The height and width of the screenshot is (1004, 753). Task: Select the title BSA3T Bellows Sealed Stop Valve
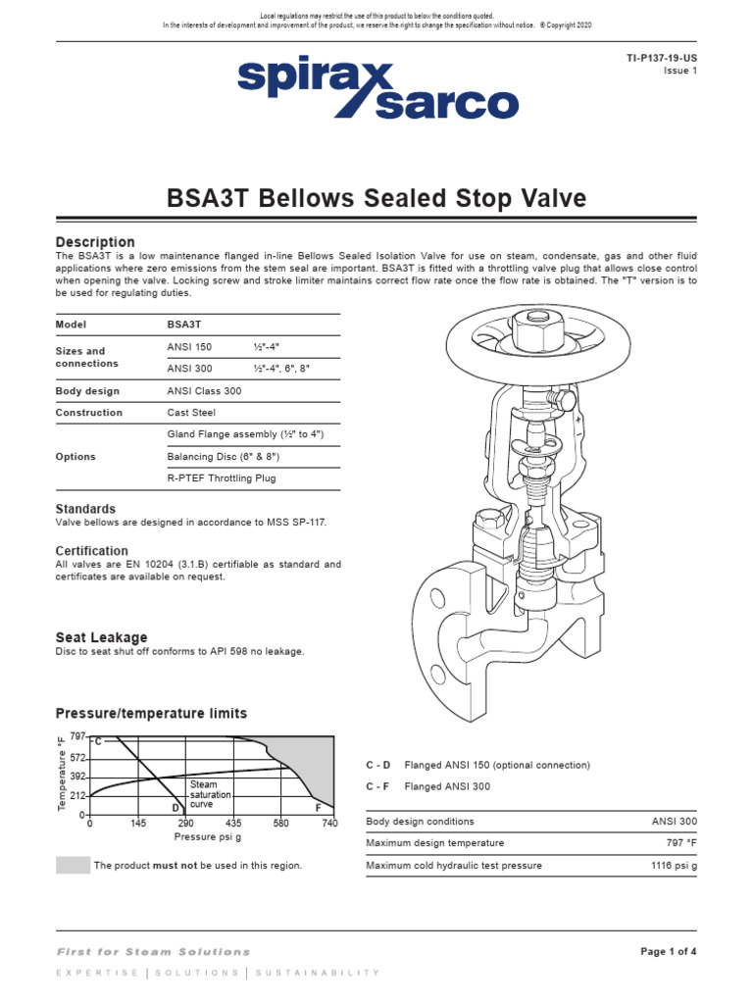point(376,199)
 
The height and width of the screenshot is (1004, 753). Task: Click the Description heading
point(95,242)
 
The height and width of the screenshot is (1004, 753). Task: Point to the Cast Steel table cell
point(191,413)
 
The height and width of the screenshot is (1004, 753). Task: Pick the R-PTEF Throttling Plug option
point(222,478)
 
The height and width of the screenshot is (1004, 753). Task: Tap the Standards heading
point(85,509)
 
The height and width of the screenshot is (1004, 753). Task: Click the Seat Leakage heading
point(101,637)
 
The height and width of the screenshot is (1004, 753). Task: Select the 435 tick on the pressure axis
point(233,824)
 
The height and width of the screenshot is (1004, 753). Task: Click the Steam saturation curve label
point(206,794)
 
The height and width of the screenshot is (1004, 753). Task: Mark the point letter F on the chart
point(318,807)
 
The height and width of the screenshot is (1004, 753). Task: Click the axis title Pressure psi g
point(207,837)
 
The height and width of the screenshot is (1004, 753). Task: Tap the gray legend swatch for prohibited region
point(73,865)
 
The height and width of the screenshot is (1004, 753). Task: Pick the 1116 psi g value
point(674,866)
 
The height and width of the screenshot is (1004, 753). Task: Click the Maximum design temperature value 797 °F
point(678,843)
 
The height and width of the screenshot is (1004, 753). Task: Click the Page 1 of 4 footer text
point(669,951)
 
